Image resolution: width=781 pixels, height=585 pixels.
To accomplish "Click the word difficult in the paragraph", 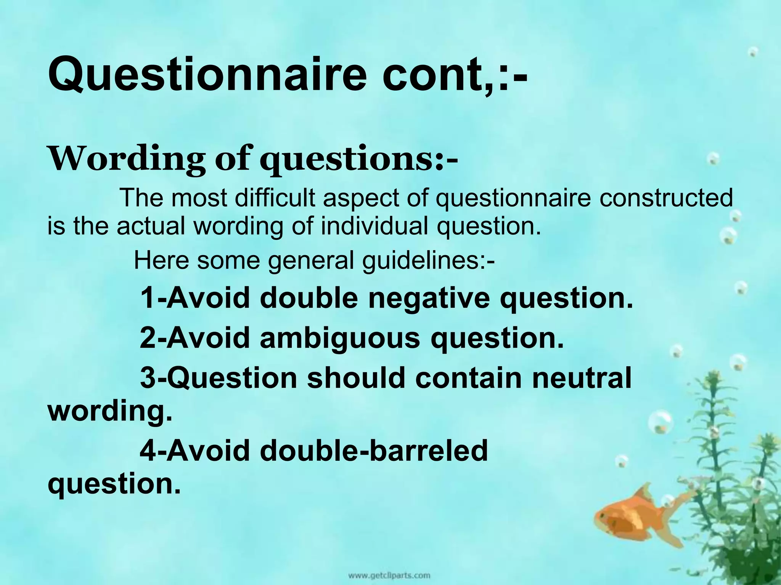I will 275,198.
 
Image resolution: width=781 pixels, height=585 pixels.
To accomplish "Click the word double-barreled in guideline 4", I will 374,451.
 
